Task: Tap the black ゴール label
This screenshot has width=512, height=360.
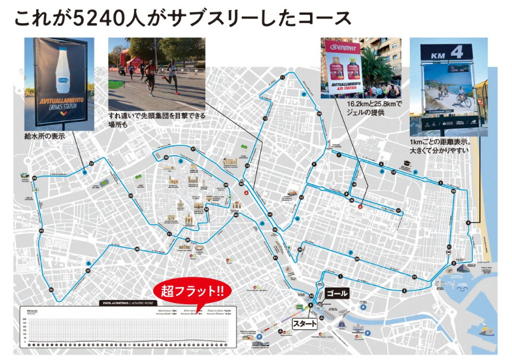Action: (337, 293)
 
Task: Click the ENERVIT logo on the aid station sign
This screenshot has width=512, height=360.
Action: (346, 46)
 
